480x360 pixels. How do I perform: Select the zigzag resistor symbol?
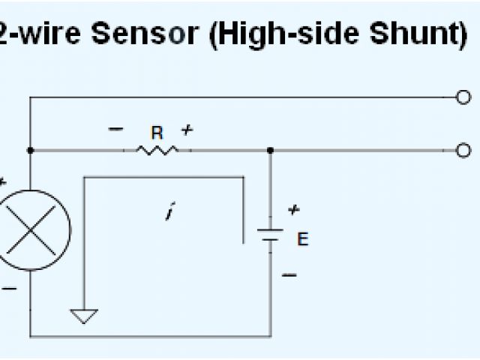pyautogui.click(x=157, y=150)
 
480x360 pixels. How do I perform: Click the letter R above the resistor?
pyautogui.click(x=157, y=133)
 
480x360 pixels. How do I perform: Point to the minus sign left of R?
pyautogui.click(x=115, y=129)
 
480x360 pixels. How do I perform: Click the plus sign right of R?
pyautogui.click(x=187, y=130)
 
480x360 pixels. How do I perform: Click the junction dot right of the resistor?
pyautogui.click(x=271, y=150)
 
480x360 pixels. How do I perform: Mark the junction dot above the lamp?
pyautogui.click(x=31, y=150)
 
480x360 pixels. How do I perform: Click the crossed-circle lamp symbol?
pyautogui.click(x=31, y=229)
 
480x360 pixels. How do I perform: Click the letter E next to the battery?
pyautogui.click(x=302, y=239)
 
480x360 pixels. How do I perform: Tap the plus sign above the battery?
pyautogui.click(x=294, y=210)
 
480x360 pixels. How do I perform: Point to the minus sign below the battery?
pyautogui.click(x=289, y=275)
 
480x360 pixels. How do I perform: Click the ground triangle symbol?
pyautogui.click(x=84, y=316)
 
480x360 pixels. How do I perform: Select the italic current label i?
pyautogui.click(x=169, y=213)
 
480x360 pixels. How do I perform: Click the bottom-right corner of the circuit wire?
pyautogui.click(x=270, y=334)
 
